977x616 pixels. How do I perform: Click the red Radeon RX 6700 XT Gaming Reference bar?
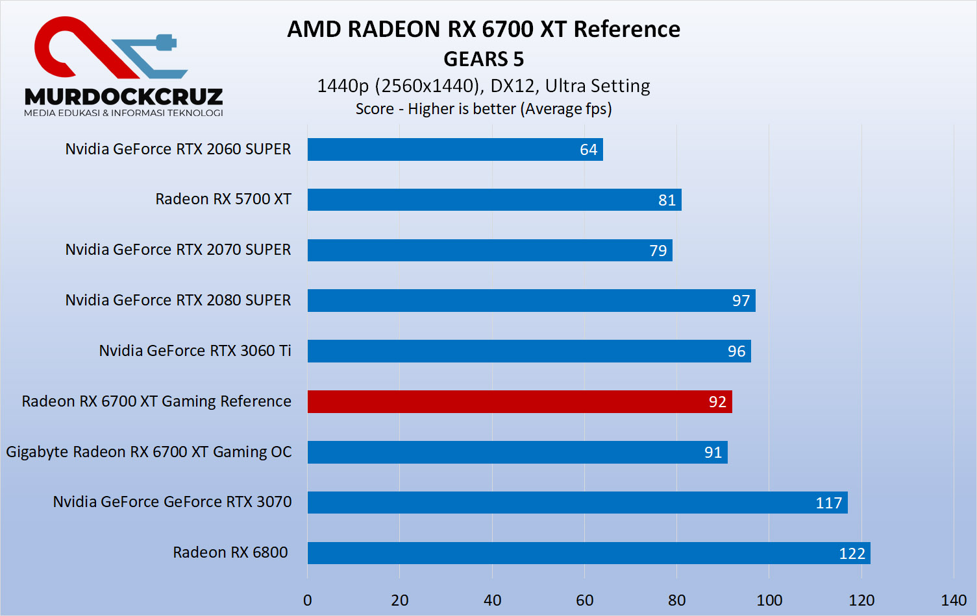pyautogui.click(x=519, y=401)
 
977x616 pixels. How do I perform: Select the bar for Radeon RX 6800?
pyautogui.click(x=588, y=553)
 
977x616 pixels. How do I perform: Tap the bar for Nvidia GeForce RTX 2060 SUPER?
pyautogui.click(x=454, y=149)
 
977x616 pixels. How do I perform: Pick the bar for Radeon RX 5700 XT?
pyautogui.click(x=494, y=200)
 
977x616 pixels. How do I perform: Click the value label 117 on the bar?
pyautogui.click(x=828, y=503)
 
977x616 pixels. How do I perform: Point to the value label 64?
pyautogui.click(x=588, y=150)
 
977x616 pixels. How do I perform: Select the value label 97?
pyautogui.click(x=741, y=301)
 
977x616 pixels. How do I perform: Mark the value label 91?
pyautogui.click(x=713, y=453)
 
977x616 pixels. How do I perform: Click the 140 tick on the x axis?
pyautogui.click(x=954, y=600)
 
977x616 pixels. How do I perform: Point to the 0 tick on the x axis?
pyautogui.click(x=308, y=600)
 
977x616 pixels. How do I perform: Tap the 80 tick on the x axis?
pyautogui.click(x=676, y=600)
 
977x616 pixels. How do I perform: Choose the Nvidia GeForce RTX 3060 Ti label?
pyautogui.click(x=195, y=351)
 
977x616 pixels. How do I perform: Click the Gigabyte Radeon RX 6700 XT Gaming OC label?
pyautogui.click(x=149, y=452)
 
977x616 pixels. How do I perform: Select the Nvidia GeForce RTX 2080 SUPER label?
pyautogui.click(x=178, y=300)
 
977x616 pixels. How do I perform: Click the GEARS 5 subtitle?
pyautogui.click(x=484, y=59)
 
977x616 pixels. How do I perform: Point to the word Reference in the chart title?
pyautogui.click(x=626, y=29)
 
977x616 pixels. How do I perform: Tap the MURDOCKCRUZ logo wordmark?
pyautogui.click(x=123, y=97)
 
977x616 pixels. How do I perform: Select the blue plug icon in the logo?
pyautogui.click(x=165, y=43)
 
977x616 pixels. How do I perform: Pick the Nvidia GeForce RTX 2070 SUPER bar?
pyautogui.click(x=489, y=250)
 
